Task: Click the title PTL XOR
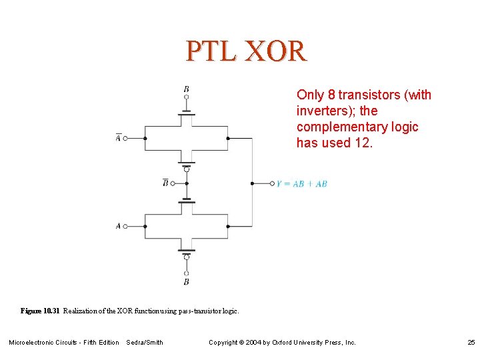tap(245, 51)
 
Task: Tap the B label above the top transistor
tap(187, 89)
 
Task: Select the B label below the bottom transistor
tap(187, 282)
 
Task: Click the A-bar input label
tap(118, 138)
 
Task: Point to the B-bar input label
tap(165, 183)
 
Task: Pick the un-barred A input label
tap(118, 226)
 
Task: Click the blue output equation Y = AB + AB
tap(302, 183)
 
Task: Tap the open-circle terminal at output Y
tap(272, 183)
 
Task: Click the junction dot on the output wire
tap(252, 183)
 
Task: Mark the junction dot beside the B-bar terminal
tap(187, 183)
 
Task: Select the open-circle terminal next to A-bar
tap(125, 139)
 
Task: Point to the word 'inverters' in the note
tap(321, 111)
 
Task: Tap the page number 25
tap(471, 343)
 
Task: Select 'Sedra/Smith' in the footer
tap(145, 343)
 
